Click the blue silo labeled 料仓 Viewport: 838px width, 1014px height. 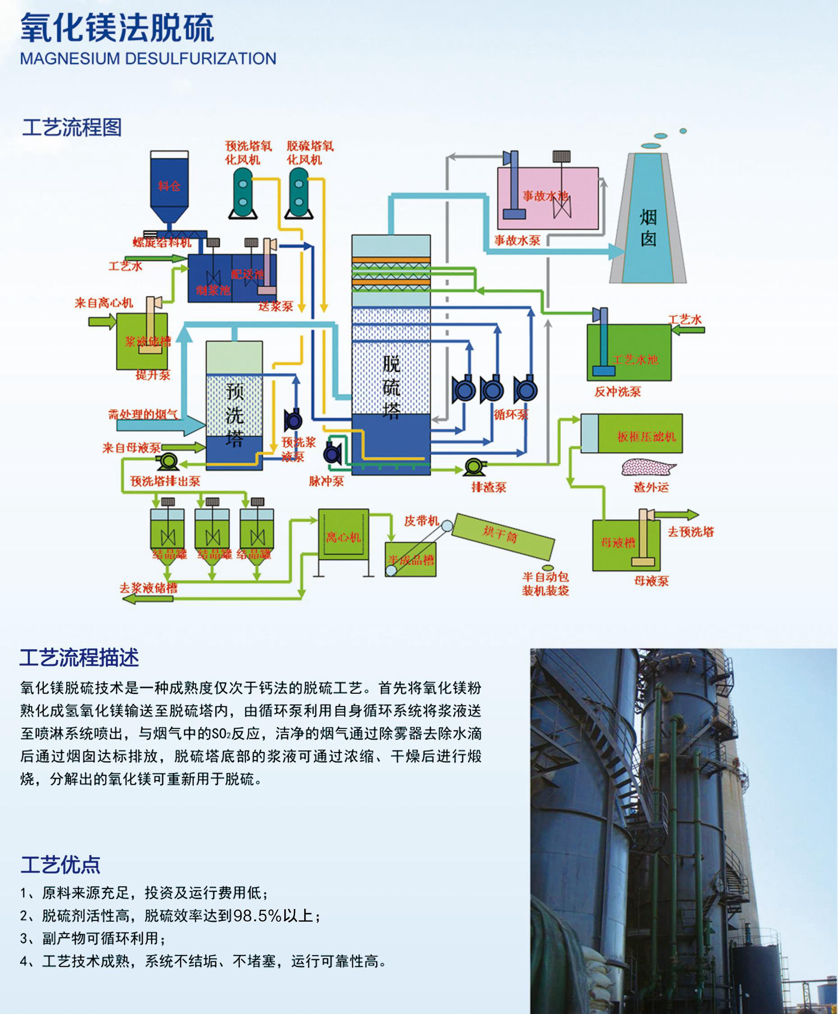[x=169, y=186]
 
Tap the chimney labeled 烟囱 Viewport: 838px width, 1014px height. [x=648, y=227]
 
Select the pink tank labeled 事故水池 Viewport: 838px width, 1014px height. [x=548, y=198]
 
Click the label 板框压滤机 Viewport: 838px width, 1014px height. [x=647, y=437]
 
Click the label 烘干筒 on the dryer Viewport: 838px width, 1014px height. [x=500, y=534]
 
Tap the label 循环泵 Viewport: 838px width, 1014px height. [x=511, y=414]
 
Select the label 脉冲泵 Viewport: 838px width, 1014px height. [x=326, y=481]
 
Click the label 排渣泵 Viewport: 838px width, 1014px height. [x=488, y=487]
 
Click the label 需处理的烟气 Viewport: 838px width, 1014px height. [x=143, y=414]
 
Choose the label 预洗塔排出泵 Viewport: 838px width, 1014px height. [x=164, y=481]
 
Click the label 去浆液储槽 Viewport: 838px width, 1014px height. [x=149, y=587]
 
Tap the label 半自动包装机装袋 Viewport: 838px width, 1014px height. [x=546, y=583]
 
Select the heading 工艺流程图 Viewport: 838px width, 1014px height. [x=72, y=127]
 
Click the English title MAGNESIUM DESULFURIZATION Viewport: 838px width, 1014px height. [x=148, y=59]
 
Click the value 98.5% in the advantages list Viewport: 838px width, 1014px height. [x=257, y=915]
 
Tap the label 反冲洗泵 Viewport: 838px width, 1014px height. [x=617, y=391]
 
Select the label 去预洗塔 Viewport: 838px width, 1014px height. [x=690, y=532]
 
